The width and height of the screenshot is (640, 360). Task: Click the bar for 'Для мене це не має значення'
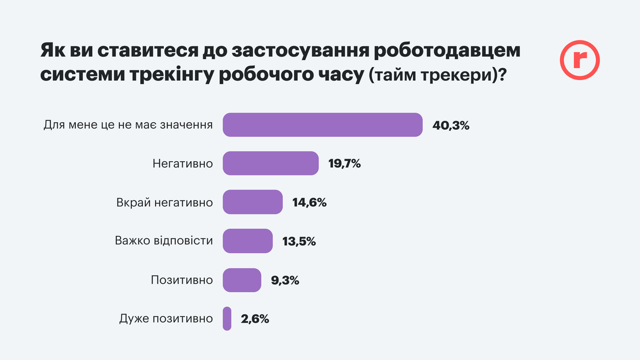click(323, 125)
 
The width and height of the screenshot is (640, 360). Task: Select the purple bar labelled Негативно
click(270, 164)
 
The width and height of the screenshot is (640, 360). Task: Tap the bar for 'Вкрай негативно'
click(252, 202)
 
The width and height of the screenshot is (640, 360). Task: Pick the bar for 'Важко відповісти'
click(247, 241)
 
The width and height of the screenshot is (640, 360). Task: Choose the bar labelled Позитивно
click(242, 280)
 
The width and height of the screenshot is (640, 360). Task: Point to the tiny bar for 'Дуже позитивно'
click(227, 319)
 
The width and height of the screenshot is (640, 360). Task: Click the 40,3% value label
click(451, 126)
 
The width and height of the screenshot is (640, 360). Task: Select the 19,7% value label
click(345, 164)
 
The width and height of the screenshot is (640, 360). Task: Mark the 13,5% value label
click(299, 242)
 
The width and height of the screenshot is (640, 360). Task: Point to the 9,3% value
click(285, 281)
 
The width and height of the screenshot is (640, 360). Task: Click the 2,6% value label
click(255, 319)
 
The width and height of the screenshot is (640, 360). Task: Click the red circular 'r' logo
click(580, 60)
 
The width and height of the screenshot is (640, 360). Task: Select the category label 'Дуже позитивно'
click(165, 319)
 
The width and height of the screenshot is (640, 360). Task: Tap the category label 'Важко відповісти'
click(164, 241)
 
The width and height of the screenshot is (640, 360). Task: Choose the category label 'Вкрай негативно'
click(165, 203)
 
